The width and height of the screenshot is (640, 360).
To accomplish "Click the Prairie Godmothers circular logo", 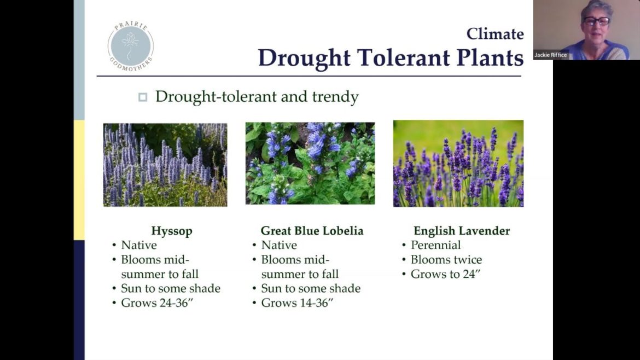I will click(131, 45).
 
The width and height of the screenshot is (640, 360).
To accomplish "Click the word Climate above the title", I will click(494, 34).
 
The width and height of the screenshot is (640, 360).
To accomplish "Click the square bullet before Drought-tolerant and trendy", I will click(143, 97).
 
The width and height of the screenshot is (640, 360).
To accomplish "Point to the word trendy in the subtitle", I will click(335, 97).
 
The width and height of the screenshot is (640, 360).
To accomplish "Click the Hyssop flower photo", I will click(165, 164).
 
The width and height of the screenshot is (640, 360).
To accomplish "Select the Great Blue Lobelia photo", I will click(310, 163).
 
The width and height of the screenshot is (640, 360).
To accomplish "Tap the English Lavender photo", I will click(458, 163).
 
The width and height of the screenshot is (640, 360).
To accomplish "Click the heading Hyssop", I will click(172, 231).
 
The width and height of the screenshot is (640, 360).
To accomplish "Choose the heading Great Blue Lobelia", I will click(312, 231).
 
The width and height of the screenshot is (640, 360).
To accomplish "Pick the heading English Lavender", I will click(462, 231).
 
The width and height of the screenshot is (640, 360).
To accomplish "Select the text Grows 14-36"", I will click(299, 303).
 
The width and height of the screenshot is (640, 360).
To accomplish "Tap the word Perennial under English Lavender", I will click(435, 245).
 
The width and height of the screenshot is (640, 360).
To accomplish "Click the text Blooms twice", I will click(446, 260).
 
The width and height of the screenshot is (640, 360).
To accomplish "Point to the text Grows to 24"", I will click(445, 274).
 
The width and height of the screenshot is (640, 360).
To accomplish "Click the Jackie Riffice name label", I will click(551, 55).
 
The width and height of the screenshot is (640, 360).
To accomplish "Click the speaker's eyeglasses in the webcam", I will click(596, 21).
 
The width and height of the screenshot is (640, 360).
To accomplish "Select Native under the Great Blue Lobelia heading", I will click(279, 245).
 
